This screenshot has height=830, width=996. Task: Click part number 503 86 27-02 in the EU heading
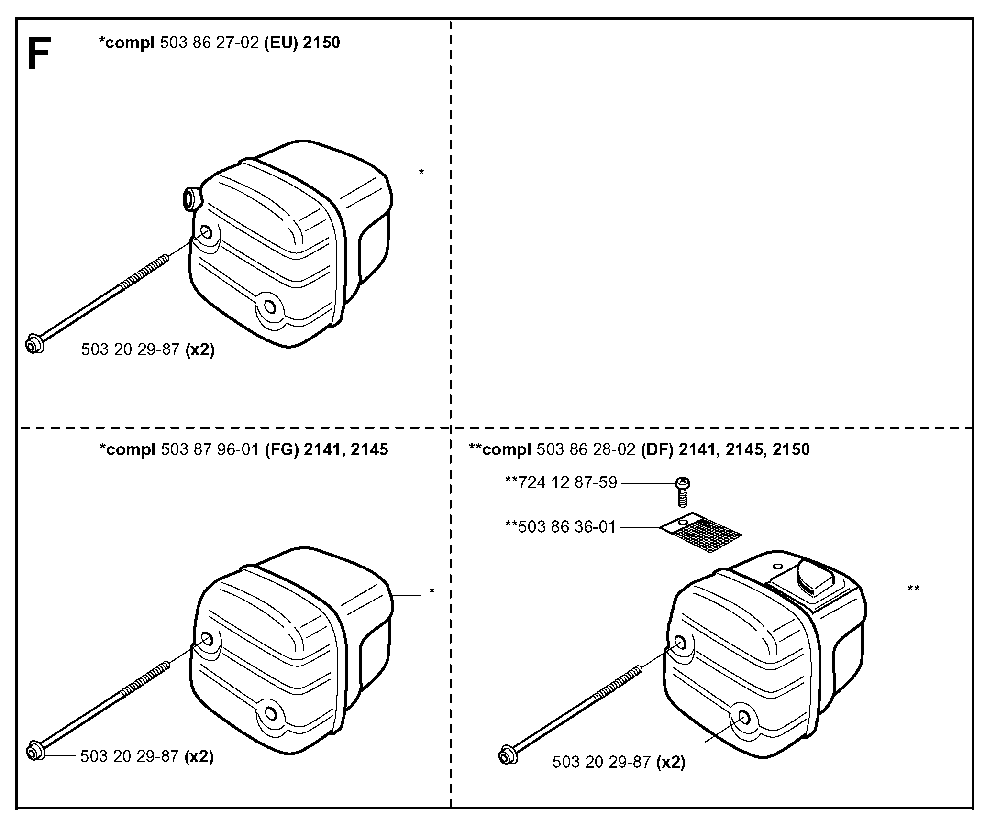210,43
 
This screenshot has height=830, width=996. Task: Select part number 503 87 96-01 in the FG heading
210,449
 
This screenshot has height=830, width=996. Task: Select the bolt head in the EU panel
34,344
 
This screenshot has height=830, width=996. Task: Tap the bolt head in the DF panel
507,757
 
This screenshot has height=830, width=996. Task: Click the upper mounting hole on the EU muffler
207,233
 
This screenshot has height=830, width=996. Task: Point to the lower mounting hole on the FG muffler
271,714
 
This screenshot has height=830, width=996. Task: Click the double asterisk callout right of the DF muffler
913,589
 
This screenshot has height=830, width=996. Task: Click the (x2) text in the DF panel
671,762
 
